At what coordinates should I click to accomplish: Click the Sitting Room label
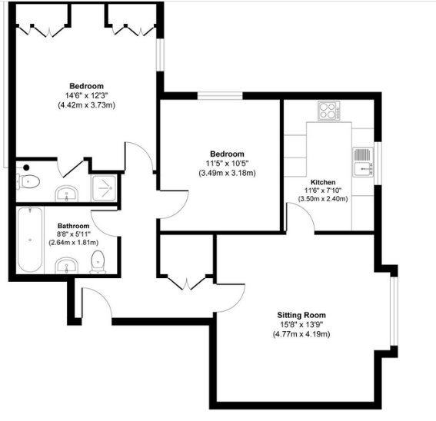coord(301,315)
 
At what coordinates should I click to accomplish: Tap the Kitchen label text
coord(323,182)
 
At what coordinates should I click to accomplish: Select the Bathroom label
coord(73,226)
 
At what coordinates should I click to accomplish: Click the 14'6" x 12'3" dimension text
coord(86,95)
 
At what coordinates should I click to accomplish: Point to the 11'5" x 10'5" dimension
coord(227,163)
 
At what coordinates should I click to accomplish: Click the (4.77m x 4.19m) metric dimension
coord(301,334)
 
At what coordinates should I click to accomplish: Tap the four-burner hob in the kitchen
coord(329,111)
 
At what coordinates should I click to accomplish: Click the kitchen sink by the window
coord(363,162)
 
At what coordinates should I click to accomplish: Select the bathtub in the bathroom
coord(30,240)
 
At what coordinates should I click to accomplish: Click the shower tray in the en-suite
coord(104,188)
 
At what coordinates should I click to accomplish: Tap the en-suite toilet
coord(28,182)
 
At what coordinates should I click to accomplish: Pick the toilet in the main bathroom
coord(98,262)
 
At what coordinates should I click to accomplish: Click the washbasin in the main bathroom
coord(66,265)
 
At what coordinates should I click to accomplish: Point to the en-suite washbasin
coord(66,194)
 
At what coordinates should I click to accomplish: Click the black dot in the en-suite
coord(26,167)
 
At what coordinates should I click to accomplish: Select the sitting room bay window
coord(394,311)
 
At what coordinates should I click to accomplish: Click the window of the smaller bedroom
coord(220,96)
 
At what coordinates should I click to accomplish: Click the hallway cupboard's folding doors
coord(187,283)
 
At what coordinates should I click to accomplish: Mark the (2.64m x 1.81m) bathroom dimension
coord(73,242)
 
